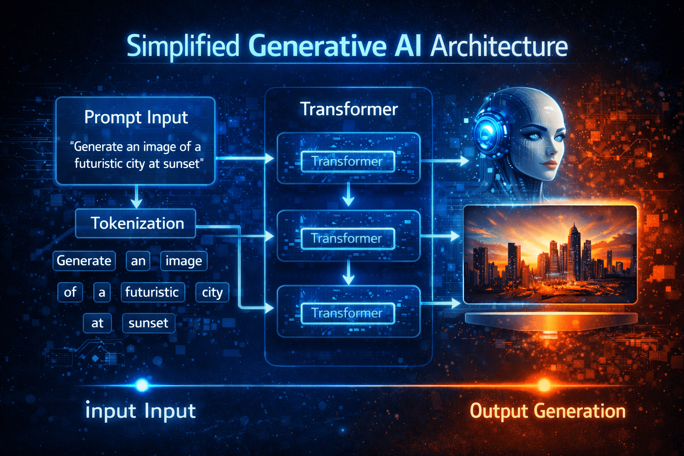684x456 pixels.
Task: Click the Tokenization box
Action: tap(136, 223)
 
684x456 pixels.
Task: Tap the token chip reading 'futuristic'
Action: tap(152, 292)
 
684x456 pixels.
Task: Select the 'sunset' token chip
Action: tap(148, 323)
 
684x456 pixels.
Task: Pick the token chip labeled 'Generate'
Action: tap(84, 261)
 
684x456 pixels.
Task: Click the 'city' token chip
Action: tap(212, 292)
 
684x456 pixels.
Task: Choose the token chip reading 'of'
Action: tap(70, 292)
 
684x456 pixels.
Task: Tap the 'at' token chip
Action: tap(97, 323)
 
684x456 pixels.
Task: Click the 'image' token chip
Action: tap(183, 261)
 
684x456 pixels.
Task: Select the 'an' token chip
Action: tap(138, 261)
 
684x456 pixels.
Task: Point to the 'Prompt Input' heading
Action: tap(136, 118)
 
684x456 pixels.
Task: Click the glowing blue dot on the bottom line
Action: tap(142, 385)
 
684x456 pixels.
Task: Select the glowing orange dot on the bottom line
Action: tap(544, 385)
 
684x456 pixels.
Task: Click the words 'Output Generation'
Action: tap(547, 411)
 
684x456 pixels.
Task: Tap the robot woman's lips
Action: tap(551, 164)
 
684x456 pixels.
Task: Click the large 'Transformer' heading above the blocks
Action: tap(349, 109)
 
